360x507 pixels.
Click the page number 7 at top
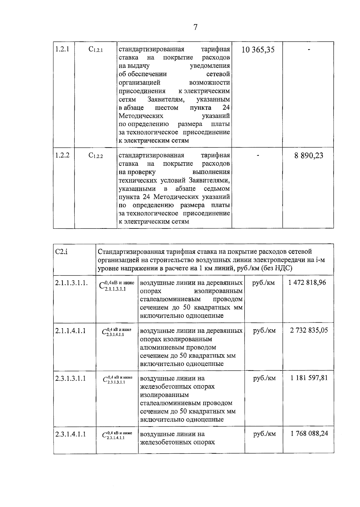[195, 27]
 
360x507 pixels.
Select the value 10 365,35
[258, 50]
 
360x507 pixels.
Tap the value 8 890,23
[309, 156]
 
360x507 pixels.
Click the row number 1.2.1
[62, 49]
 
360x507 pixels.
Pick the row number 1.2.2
[62, 155]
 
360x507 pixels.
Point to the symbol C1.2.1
[96, 50]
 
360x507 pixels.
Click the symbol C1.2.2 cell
[96, 156]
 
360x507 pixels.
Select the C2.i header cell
[61, 251]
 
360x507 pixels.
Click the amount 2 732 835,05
[309, 330]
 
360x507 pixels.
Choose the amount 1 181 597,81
[309, 378]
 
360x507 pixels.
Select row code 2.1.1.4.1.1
[70, 331]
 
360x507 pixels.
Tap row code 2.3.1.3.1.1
[70, 378]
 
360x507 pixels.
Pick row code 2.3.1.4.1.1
[70, 434]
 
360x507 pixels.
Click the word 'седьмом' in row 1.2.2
[217, 189]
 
